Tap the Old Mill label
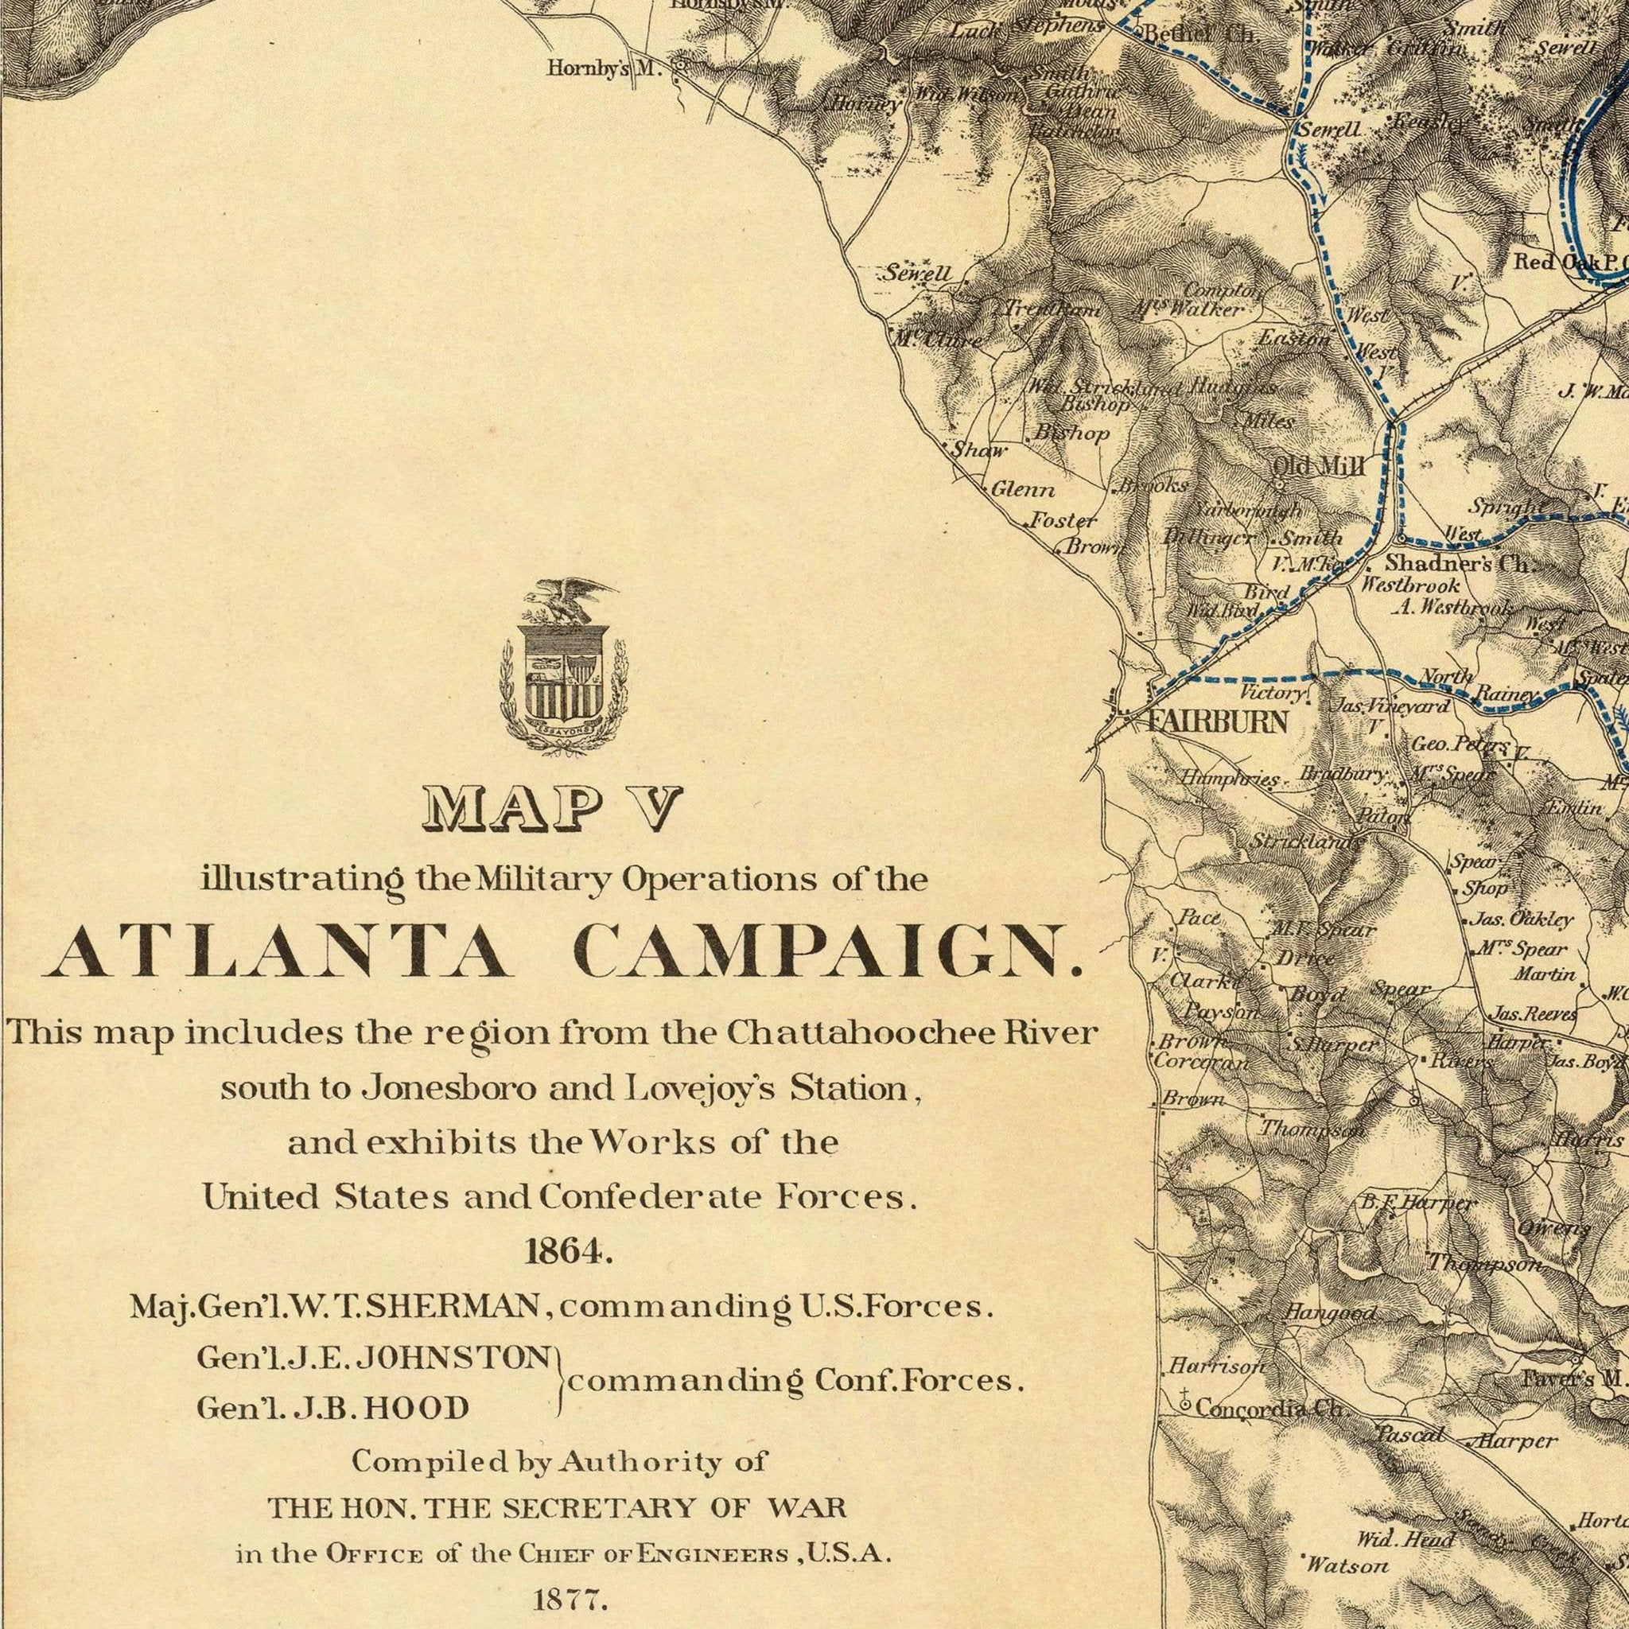(1317, 465)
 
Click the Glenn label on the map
(1021, 489)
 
